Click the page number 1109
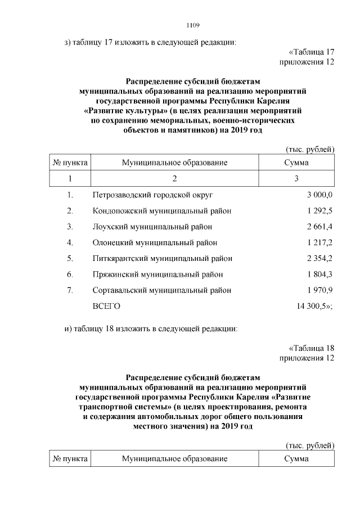[x=193, y=25]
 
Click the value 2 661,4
[x=320, y=227]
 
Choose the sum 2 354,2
[x=320, y=259]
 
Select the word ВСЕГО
[x=106, y=307]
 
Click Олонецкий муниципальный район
[x=155, y=242]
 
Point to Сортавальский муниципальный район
[x=162, y=290]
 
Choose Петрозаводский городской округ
[x=153, y=195]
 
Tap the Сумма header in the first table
[x=296, y=163]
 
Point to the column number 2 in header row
[x=174, y=179]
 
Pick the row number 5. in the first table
[x=70, y=259]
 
